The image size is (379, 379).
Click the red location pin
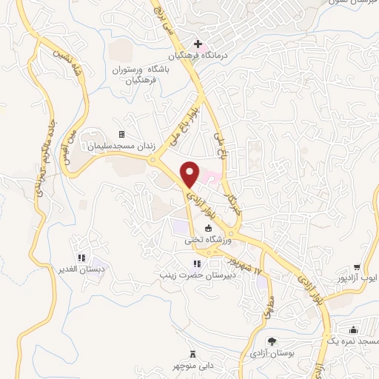pos(191,173)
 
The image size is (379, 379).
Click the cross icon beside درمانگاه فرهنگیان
pos(198,44)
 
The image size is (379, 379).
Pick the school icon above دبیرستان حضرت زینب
pos(196,264)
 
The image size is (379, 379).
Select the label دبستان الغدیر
pos(81,267)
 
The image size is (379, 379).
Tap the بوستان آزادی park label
pos(272,353)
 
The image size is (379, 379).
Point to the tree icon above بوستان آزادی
pos(272,341)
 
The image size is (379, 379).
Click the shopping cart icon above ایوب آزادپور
pos(357,267)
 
